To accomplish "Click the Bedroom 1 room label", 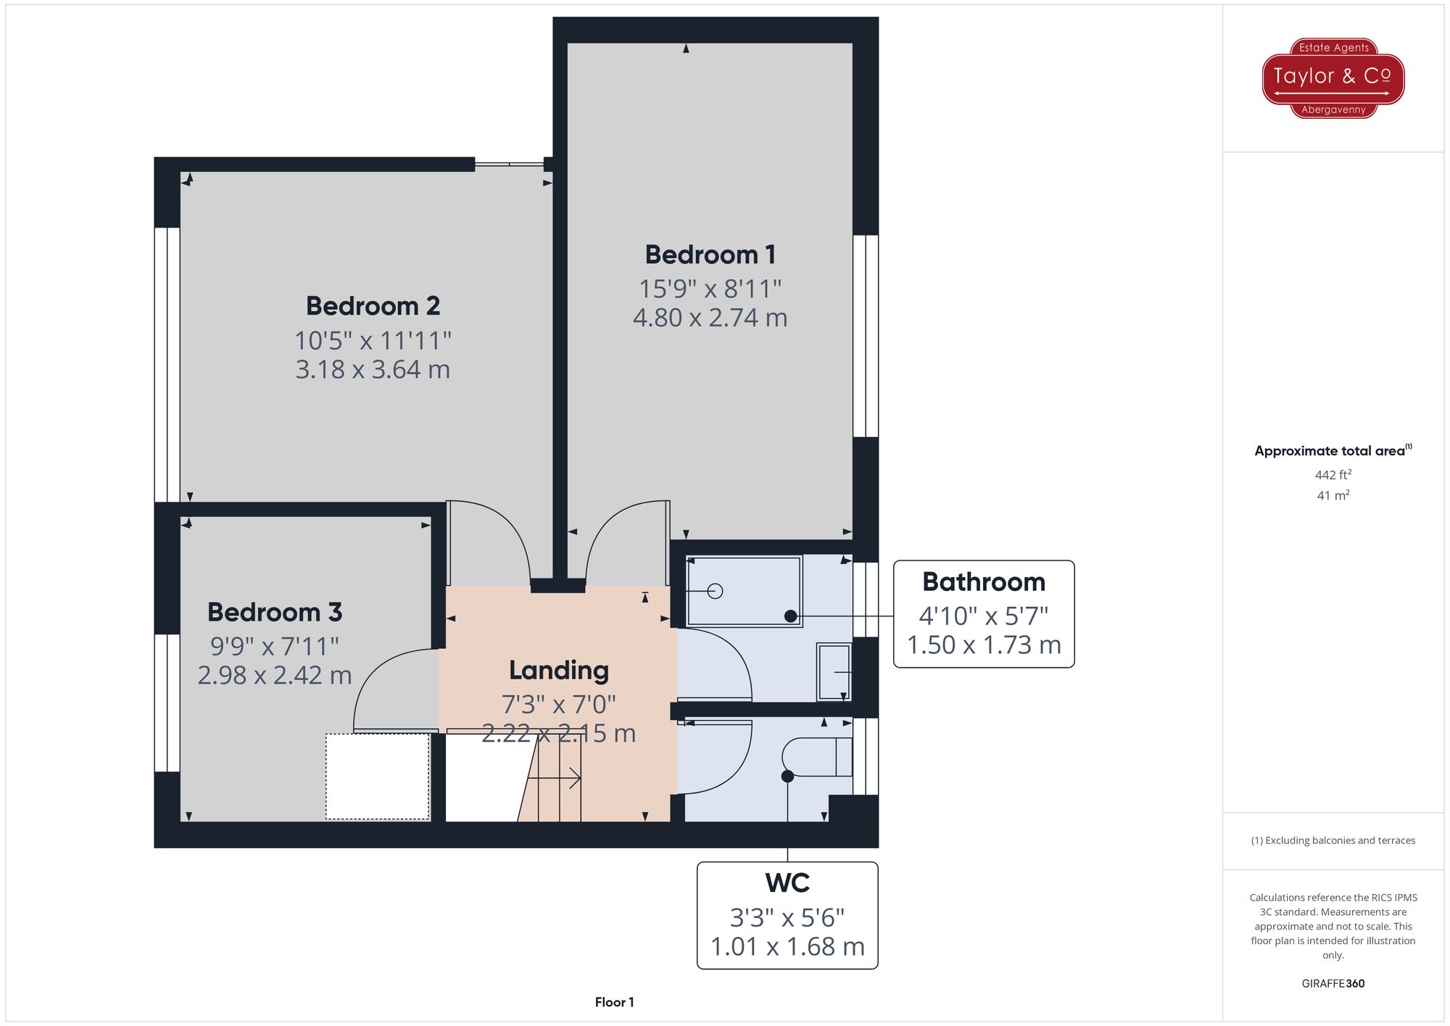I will coord(710,255).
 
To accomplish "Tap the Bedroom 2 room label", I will coord(373,306).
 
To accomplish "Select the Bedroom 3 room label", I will coord(274,612).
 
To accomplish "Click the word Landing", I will coord(558,670).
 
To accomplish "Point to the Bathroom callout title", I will coord(983,582).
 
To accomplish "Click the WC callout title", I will coord(787,883).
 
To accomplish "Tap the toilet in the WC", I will coord(816,757).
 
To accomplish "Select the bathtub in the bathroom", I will coord(744,591).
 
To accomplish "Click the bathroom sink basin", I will coord(834,672).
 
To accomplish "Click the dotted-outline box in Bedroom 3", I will coord(377,777).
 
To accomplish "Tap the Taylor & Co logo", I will coord(1333,78).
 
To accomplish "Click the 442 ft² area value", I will coord(1333,475).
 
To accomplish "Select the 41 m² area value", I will coord(1333,496).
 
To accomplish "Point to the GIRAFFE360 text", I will coord(1333,984).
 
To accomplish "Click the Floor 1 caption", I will coord(614,1002).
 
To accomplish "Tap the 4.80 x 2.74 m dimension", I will coord(710,318).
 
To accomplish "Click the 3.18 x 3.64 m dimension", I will coord(373,370).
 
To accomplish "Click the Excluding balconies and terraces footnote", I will coord(1333,840).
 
